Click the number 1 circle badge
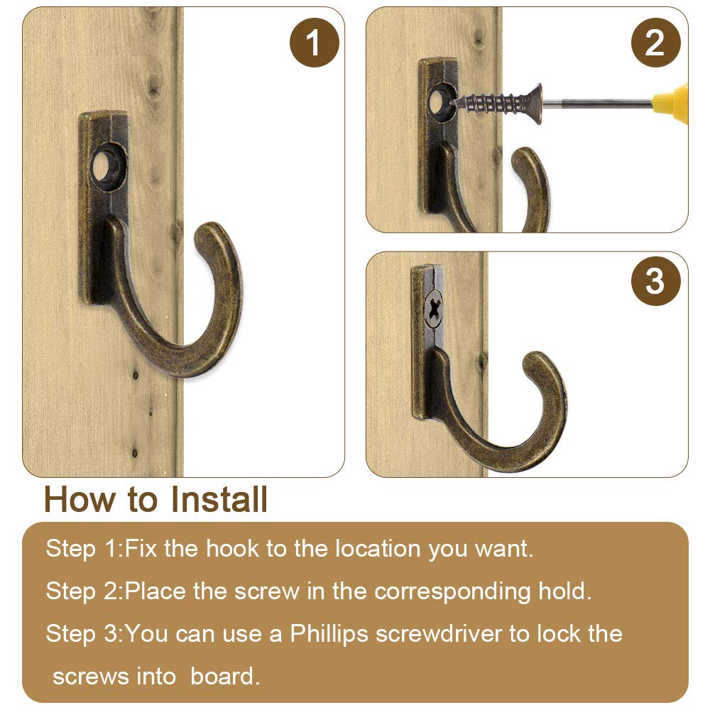coord(315,43)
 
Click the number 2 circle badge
coord(655,43)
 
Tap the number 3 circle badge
coord(655,280)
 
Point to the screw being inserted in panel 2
coord(496,104)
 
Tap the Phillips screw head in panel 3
coord(435,308)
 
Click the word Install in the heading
coord(219,500)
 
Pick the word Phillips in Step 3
coord(329,633)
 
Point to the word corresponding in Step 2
coord(452,591)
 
